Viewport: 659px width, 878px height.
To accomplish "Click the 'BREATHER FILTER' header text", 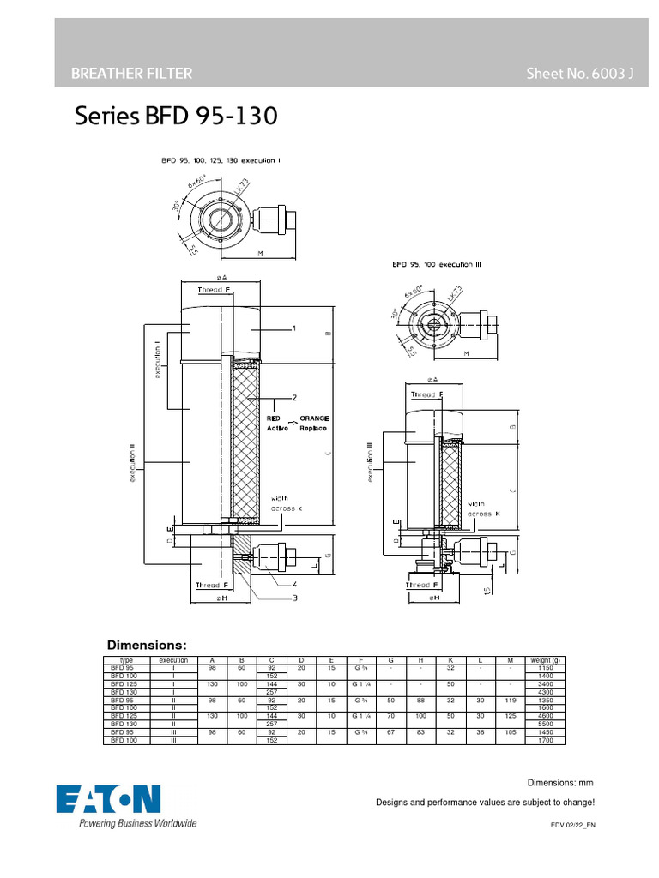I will (131, 74).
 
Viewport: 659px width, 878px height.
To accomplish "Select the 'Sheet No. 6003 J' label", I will (579, 74).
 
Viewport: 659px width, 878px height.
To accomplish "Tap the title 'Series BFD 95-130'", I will (177, 115).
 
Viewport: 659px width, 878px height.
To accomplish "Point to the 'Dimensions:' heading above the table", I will (146, 645).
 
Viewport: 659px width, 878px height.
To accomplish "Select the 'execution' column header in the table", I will (173, 660).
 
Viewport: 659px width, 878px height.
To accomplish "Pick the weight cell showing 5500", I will (545, 724).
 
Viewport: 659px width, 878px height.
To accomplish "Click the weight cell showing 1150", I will (545, 668).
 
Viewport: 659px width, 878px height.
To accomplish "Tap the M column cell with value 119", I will (510, 700).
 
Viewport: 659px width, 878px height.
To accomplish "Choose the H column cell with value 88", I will (420, 700).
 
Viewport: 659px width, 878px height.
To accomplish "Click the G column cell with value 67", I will (390, 731).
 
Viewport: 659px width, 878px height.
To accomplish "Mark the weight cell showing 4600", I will (545, 715).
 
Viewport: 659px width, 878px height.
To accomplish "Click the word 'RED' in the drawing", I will (274, 418).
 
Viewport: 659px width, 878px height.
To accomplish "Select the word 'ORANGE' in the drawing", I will (314, 418).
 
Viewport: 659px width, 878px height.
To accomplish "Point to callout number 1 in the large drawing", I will (294, 328).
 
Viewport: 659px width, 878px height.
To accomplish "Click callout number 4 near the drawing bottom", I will (294, 583).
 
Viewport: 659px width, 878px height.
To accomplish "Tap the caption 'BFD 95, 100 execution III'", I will (437, 265).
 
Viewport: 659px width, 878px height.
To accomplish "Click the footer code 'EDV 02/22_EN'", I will (572, 825).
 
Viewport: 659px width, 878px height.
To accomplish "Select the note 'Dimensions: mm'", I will (559, 783).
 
